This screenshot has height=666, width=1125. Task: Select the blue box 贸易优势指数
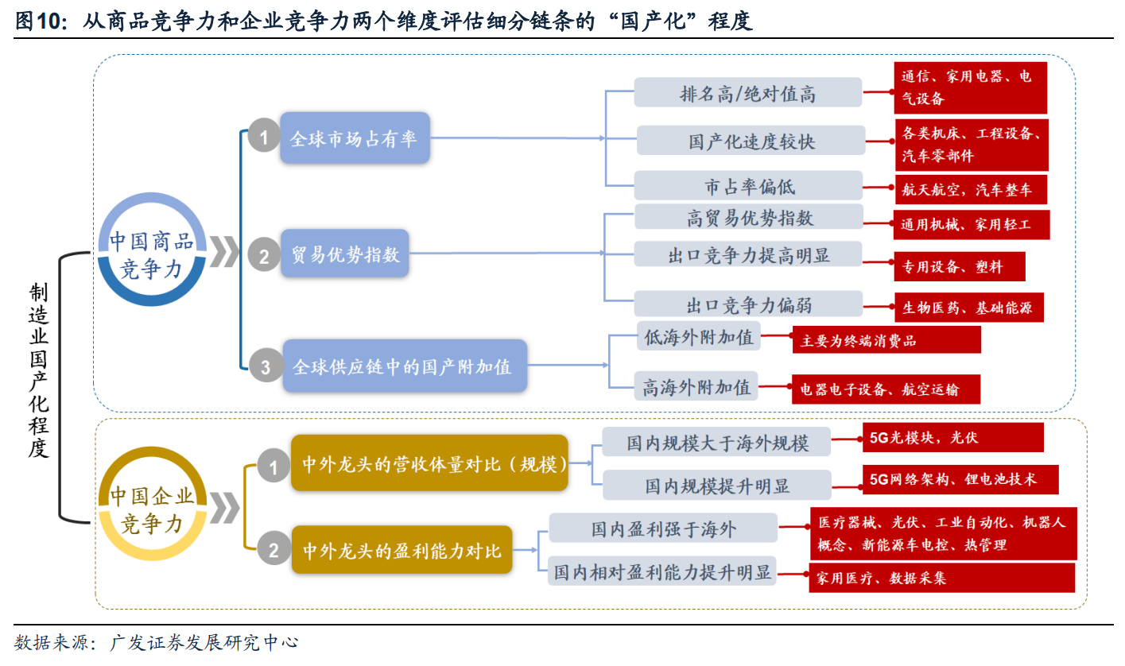tap(344, 254)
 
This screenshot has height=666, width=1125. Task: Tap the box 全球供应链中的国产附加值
tap(404, 366)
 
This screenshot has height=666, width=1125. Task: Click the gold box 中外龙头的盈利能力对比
tap(402, 549)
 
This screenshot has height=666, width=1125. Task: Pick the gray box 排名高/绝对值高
tap(747, 93)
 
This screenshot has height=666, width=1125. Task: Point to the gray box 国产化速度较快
tap(751, 141)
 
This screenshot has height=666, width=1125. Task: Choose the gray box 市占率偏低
tap(748, 186)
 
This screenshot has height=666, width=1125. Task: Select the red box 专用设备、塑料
tap(959, 267)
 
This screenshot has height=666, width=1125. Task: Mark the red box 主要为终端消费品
tap(886, 340)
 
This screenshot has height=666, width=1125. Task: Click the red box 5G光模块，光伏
tap(952, 437)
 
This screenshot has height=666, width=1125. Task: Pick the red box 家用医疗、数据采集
tap(941, 578)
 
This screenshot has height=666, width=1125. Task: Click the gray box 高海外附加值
tap(696, 387)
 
